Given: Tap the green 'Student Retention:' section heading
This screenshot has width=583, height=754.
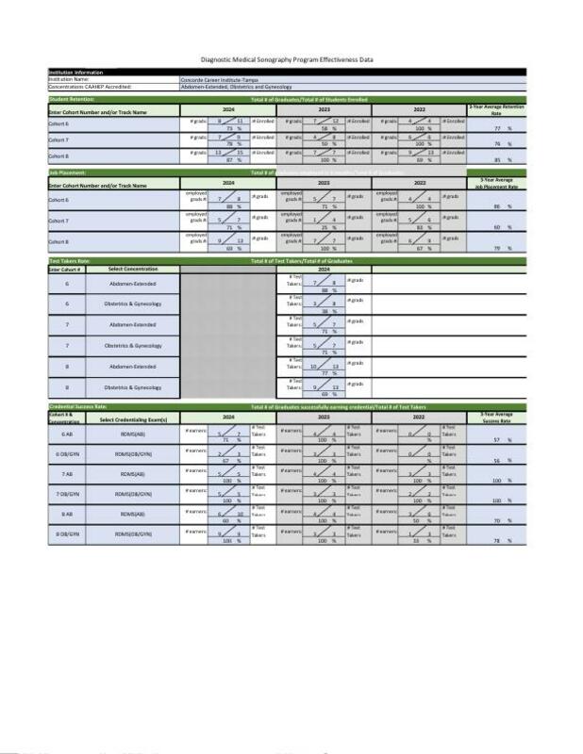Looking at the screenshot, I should pos(71,99).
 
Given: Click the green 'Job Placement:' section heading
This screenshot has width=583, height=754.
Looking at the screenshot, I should pos(66,173).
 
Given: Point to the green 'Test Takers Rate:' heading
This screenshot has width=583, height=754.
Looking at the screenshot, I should pos(70,259).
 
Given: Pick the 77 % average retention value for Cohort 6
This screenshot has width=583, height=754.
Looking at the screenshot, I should pos(501,127).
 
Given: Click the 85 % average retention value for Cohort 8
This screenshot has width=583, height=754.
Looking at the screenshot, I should pos(501,161).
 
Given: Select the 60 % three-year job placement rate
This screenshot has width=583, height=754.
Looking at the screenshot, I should pos(501,227).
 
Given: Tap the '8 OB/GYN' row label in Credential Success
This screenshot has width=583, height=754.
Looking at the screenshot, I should pos(67,533).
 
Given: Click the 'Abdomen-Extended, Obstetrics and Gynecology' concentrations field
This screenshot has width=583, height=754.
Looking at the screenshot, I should pos(235,87).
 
